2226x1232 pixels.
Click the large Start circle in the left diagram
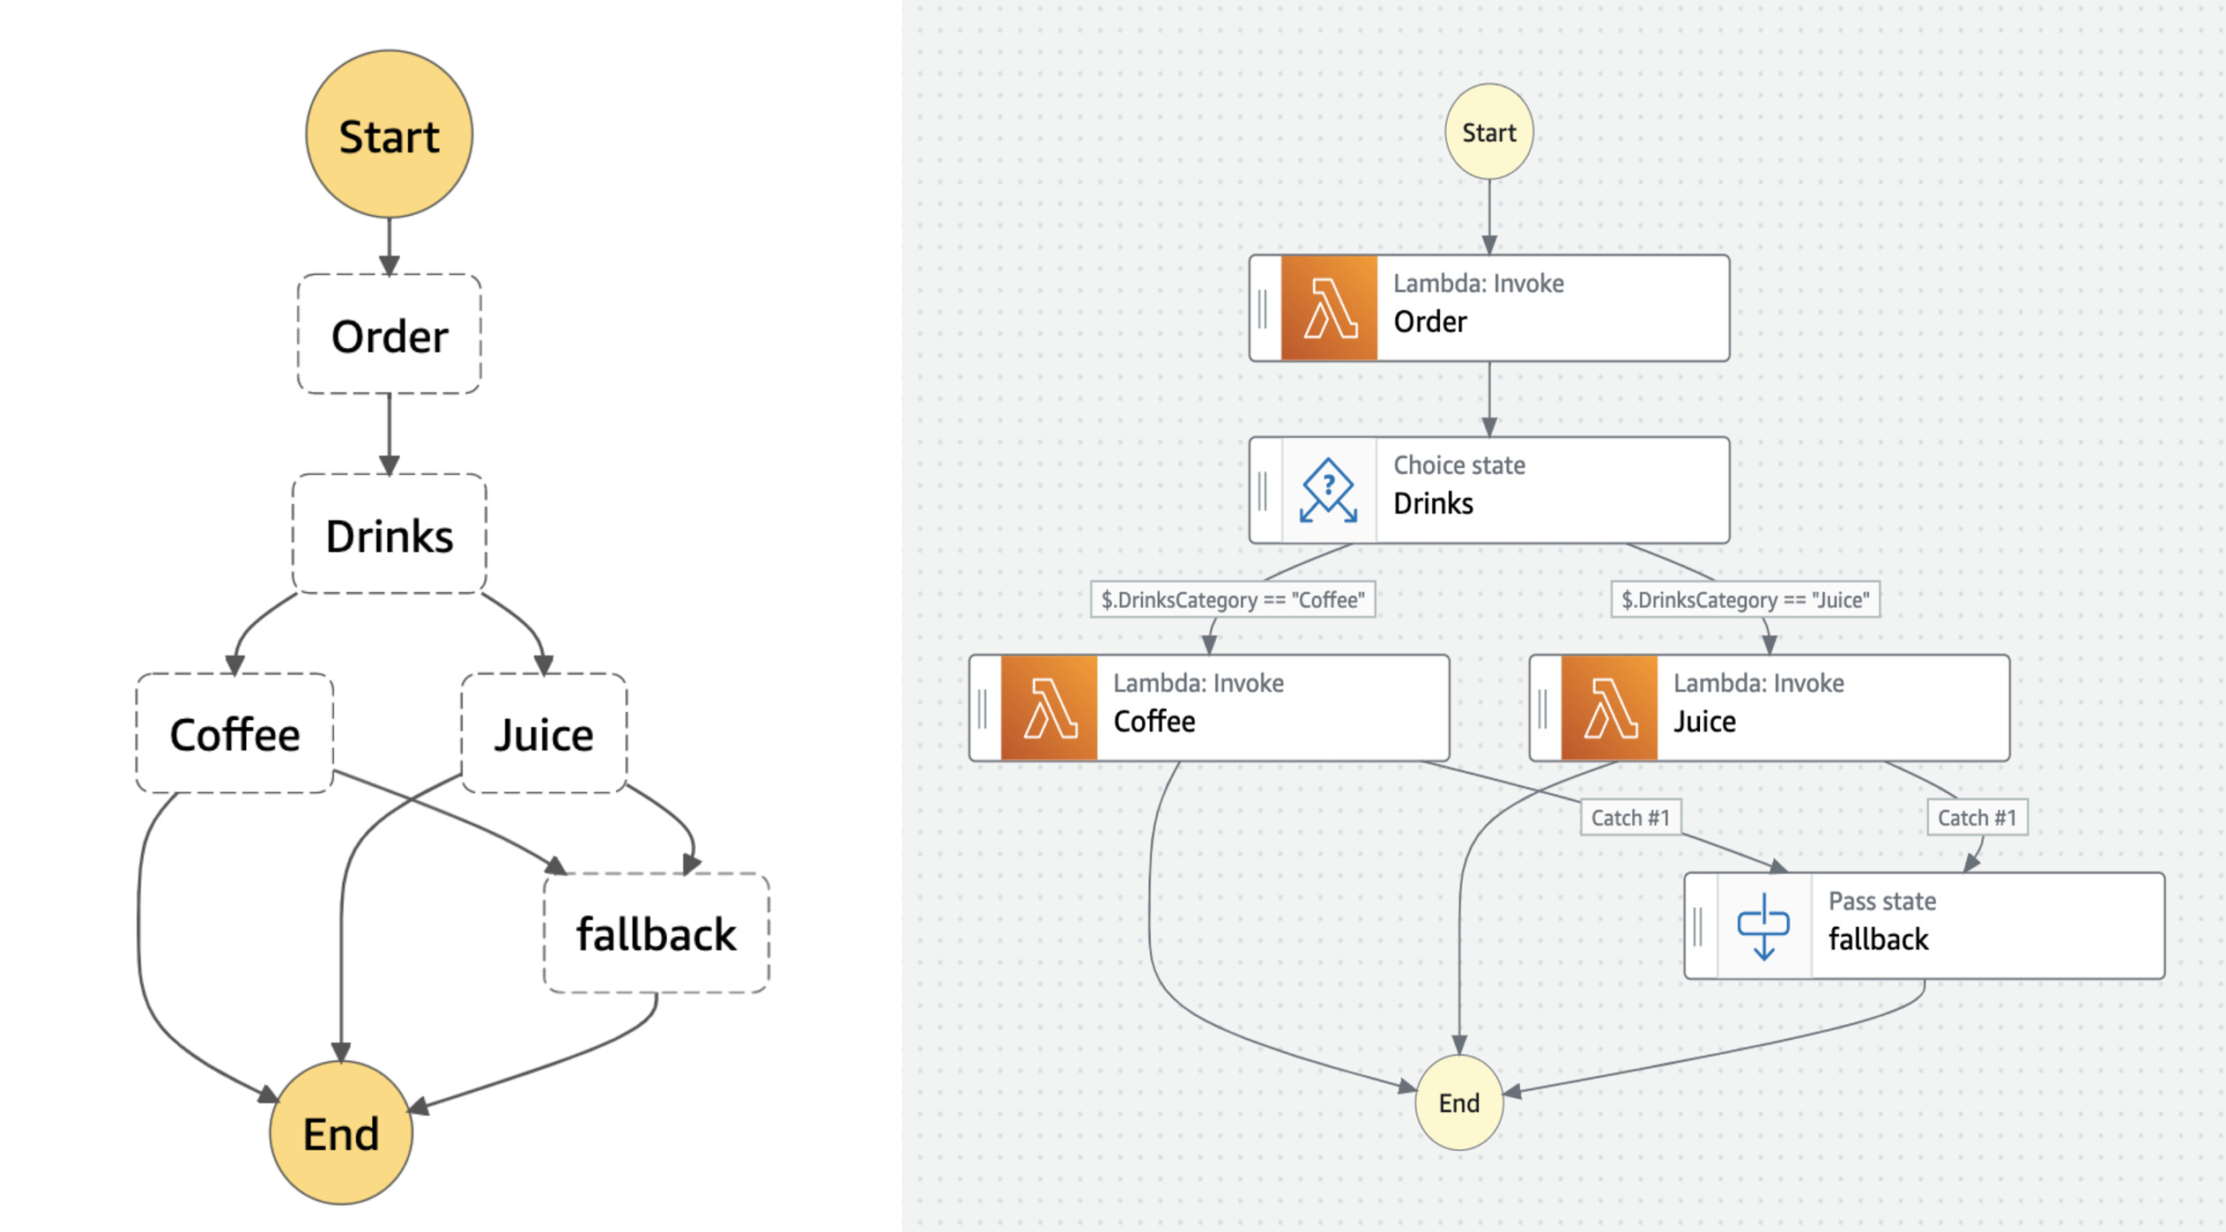pyautogui.click(x=389, y=135)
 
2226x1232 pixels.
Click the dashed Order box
pyautogui.click(x=389, y=335)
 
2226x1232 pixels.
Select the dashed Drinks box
pyautogui.click(x=389, y=534)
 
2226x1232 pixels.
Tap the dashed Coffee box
pyautogui.click(x=235, y=734)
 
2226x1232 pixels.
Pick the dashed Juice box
pyautogui.click(x=543, y=734)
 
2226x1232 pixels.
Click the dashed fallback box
pyautogui.click(x=656, y=933)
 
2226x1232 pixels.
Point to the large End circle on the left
pyautogui.click(x=341, y=1132)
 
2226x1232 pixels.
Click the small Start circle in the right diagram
pyautogui.click(x=1489, y=132)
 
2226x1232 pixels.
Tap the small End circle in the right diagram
pyautogui.click(x=1458, y=1102)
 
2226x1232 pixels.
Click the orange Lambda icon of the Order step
pyautogui.click(x=1329, y=308)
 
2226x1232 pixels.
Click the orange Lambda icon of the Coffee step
pyautogui.click(x=1049, y=709)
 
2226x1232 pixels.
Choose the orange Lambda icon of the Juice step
pyautogui.click(x=1609, y=709)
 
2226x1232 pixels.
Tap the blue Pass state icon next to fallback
pyautogui.click(x=1763, y=926)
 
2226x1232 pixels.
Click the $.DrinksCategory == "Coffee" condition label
pyautogui.click(x=1232, y=599)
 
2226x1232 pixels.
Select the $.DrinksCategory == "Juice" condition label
pyautogui.click(x=1744, y=599)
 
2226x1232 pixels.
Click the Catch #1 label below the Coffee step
pyautogui.click(x=1630, y=817)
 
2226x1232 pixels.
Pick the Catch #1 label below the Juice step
pyautogui.click(x=1976, y=817)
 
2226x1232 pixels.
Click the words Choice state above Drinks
pyautogui.click(x=1458, y=465)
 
